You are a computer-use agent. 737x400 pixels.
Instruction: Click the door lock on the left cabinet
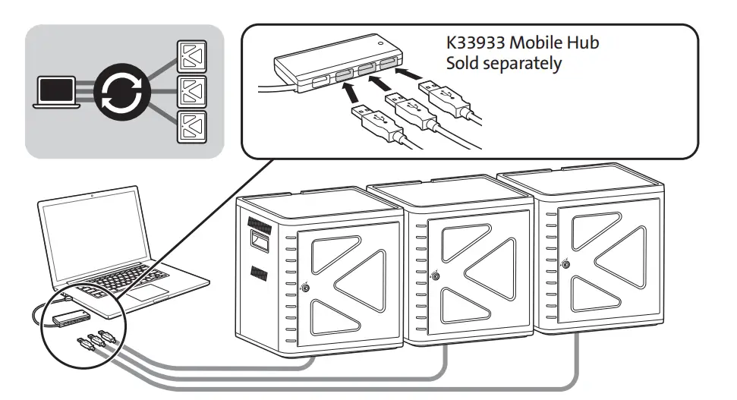coord(306,288)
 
